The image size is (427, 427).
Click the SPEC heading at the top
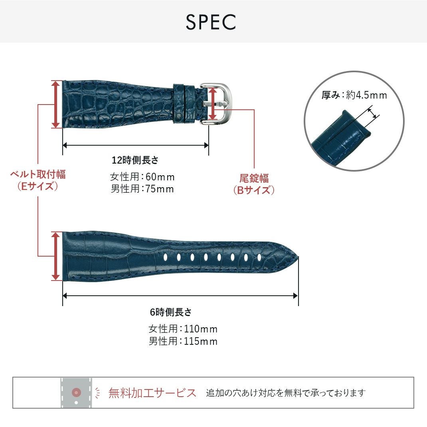[x=211, y=23]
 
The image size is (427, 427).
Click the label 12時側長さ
[x=135, y=160]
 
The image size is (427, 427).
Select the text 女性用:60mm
[x=142, y=177]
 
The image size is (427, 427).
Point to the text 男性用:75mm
[x=142, y=189]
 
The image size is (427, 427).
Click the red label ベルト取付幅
[x=38, y=174]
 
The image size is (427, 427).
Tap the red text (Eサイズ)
[x=38, y=186]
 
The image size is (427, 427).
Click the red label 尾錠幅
[x=254, y=178]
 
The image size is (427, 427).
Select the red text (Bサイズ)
[x=254, y=190]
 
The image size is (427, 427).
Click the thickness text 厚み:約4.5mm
[x=354, y=95]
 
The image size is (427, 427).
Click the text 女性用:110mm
[x=183, y=329]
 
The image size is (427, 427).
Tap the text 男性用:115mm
[x=183, y=342]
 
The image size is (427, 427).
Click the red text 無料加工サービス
[x=152, y=393]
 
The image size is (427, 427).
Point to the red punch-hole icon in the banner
[x=76, y=393]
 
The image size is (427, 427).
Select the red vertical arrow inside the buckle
[x=213, y=104]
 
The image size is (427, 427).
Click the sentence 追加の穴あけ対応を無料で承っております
[x=286, y=393]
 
